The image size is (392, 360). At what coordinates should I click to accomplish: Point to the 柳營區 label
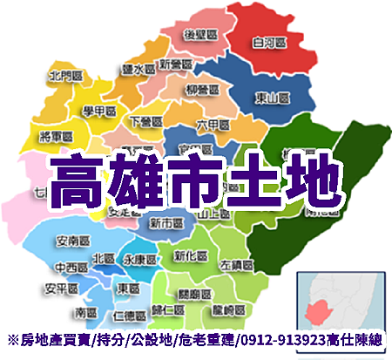click(202, 88)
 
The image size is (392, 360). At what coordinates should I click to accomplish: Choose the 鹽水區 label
click(139, 66)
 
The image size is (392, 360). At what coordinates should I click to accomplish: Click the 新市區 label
click(165, 223)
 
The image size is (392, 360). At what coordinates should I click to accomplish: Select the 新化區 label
click(192, 257)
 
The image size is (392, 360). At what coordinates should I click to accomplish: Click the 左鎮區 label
click(236, 264)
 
